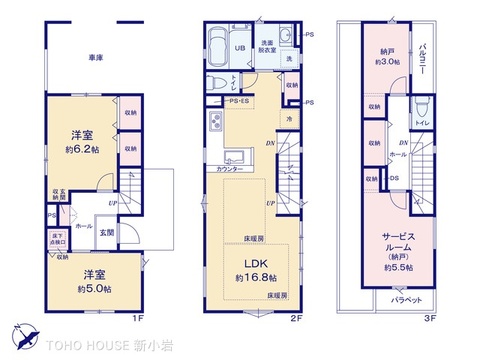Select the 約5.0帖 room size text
coord(96,288)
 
